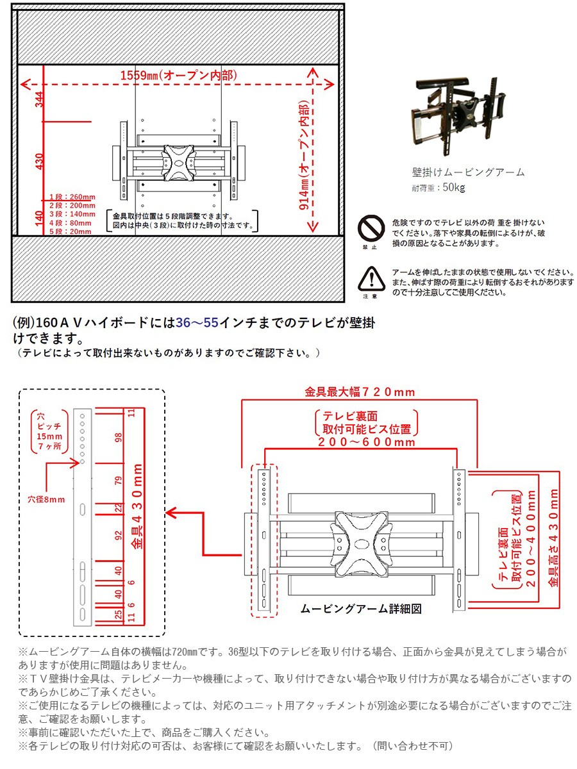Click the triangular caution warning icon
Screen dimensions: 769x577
click(370, 277)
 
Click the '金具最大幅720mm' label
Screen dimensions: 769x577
click(360, 392)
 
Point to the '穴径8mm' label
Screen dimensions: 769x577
click(46, 499)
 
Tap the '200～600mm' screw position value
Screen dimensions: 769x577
click(367, 442)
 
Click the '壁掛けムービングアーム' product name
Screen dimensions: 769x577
click(468, 172)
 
